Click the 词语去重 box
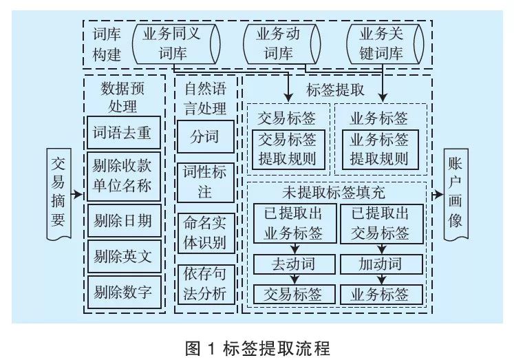click(124, 132)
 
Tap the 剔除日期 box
click(124, 221)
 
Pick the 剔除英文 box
click(124, 257)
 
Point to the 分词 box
click(205, 136)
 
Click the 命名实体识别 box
click(205, 233)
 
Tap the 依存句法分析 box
click(205, 284)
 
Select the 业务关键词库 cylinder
click(385, 43)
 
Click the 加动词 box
click(381, 264)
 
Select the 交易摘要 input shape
click(59, 192)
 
